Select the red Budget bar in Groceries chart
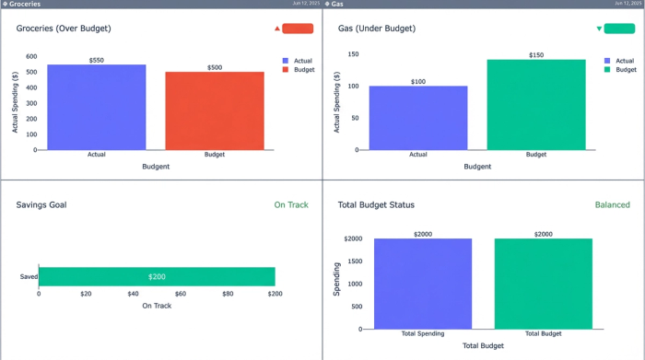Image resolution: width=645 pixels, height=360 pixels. (215, 110)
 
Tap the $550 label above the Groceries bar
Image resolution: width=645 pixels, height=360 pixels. (97, 60)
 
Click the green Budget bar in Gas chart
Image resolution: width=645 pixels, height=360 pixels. (536, 104)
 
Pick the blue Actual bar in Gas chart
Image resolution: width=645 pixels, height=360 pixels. (418, 117)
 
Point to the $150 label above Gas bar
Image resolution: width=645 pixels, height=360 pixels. (536, 55)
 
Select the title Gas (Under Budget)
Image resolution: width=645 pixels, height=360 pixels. (377, 29)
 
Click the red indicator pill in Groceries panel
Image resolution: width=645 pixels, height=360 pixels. (298, 29)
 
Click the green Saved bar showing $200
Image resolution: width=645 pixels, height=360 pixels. (157, 276)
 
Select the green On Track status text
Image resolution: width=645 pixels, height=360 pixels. (291, 204)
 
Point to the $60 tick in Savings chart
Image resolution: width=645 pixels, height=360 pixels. (181, 294)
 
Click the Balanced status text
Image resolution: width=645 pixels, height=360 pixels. (612, 204)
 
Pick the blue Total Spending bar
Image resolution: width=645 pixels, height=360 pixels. (423, 284)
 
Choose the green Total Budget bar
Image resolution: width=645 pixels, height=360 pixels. (543, 284)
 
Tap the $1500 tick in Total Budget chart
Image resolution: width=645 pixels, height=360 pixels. (353, 261)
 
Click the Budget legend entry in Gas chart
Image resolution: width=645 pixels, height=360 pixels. (626, 70)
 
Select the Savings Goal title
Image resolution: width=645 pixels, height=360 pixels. (41, 204)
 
